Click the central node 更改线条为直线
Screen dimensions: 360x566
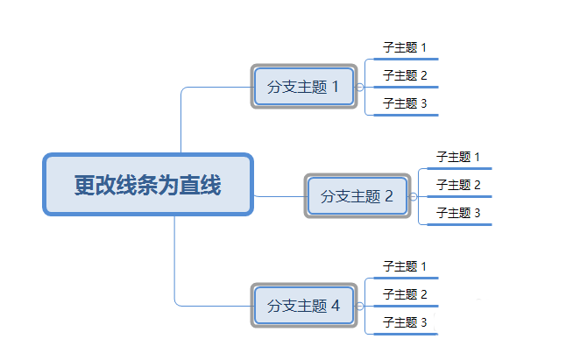point(148,185)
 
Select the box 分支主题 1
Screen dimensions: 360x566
point(303,87)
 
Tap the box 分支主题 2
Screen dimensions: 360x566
point(357,196)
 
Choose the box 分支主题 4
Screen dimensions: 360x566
point(303,306)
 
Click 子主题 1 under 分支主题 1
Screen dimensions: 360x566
point(405,47)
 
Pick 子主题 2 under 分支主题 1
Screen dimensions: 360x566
point(405,75)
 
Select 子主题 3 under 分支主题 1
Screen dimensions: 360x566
point(405,103)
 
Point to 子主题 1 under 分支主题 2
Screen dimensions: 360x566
point(459,157)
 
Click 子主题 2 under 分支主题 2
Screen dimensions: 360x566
point(459,185)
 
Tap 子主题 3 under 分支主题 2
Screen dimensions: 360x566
point(459,213)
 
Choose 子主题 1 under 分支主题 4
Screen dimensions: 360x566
point(405,266)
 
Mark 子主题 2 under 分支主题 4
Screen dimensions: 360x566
point(405,294)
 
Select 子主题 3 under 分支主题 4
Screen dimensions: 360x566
point(405,322)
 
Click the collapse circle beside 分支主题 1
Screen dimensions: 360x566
point(359,87)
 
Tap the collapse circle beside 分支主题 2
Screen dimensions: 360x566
point(414,196)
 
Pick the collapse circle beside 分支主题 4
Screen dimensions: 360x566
point(359,306)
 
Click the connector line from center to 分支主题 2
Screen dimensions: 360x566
point(279,196)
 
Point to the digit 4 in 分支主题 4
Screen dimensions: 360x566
point(334,306)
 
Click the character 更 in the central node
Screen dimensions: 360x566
point(84,185)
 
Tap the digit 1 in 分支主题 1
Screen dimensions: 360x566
point(334,87)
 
